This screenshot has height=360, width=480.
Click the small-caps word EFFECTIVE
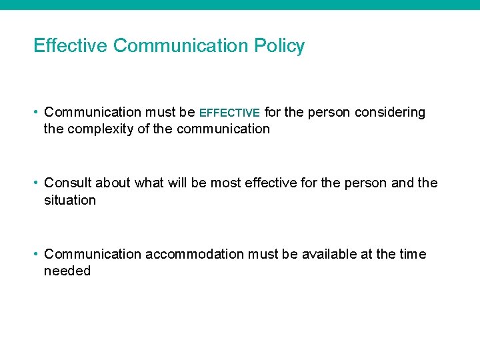coord(229,113)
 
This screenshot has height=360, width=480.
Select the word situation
coord(70,200)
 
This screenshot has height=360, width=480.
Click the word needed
coord(67,271)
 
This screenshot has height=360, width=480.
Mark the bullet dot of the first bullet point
coord(37,113)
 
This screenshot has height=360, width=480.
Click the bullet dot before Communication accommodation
coord(37,254)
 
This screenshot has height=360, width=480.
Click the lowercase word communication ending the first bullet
coord(223,129)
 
